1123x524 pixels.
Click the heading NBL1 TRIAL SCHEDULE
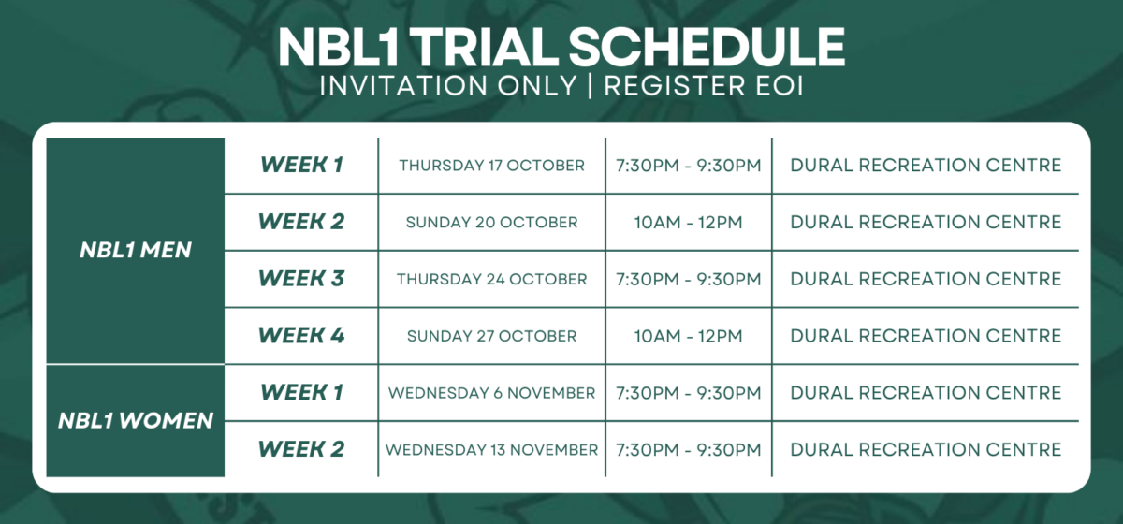coord(561,47)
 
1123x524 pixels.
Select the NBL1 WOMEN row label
coord(136,420)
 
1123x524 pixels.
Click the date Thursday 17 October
coord(491,166)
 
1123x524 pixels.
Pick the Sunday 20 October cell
coord(491,223)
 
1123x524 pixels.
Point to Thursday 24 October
coord(491,280)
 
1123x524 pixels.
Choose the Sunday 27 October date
coord(491,336)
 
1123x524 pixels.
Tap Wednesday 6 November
coord(491,393)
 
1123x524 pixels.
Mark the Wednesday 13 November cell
coord(491,450)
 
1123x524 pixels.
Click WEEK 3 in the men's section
coord(301,279)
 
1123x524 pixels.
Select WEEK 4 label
coord(301,335)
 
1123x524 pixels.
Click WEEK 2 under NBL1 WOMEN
coord(301,449)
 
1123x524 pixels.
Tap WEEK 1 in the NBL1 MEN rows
coord(301,165)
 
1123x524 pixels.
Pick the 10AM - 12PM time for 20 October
coord(688,223)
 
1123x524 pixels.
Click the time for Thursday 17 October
coord(688,166)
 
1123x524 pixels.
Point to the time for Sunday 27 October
coord(688,336)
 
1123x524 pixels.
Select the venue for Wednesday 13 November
coord(926,450)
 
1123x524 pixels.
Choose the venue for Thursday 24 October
coord(926,280)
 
